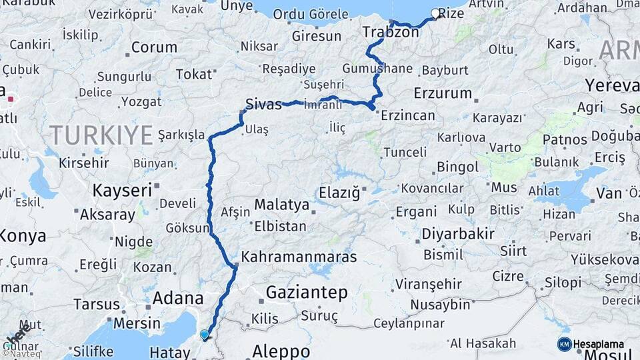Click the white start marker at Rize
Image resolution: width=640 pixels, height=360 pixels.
click(x=436, y=13)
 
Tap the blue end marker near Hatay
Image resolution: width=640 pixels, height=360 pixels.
click(x=205, y=335)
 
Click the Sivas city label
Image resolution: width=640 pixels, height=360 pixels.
click(x=263, y=104)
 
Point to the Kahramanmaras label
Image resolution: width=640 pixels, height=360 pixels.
click(x=299, y=257)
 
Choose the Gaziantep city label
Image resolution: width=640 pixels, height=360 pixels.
click(x=307, y=292)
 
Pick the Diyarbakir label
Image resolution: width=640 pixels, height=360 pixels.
click(x=458, y=234)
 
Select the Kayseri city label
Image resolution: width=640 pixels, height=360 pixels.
click(x=123, y=190)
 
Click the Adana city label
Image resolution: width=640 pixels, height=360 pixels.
click(x=177, y=298)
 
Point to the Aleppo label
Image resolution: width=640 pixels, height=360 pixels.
click(x=281, y=351)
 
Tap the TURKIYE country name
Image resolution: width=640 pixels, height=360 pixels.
click(x=101, y=135)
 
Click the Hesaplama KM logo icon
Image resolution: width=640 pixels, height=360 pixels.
click(x=565, y=344)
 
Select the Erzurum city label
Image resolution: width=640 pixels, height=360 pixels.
click(x=443, y=93)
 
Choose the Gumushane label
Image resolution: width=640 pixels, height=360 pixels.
click(x=377, y=69)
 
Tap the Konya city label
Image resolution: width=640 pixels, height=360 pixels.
click(x=23, y=236)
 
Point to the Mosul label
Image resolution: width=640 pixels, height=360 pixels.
click(x=619, y=354)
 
